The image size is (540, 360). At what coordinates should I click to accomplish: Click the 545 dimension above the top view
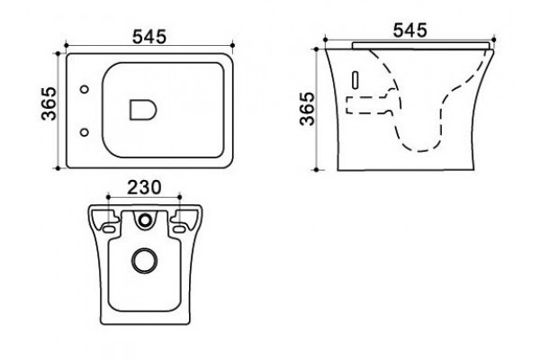tap(149, 37)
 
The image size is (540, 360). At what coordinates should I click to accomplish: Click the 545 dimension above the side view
tap(409, 31)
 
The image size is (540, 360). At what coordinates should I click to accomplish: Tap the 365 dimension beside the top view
tap(49, 103)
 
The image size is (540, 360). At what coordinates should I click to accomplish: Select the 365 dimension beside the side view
tap(307, 109)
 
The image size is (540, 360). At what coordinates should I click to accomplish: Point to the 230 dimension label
tap(144, 188)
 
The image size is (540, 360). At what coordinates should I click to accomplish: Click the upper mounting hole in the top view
tap(85, 90)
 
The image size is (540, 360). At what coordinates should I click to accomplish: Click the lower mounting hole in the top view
tap(84, 132)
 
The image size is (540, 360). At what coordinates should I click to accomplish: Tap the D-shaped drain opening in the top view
tap(143, 110)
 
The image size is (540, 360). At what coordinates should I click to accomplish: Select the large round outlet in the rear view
tap(145, 260)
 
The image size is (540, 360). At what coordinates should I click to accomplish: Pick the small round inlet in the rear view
tap(145, 220)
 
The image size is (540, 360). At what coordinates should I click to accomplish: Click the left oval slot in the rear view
tap(108, 229)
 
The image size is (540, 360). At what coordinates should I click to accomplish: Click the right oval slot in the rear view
tap(179, 229)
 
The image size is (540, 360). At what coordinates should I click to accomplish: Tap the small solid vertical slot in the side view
tap(355, 80)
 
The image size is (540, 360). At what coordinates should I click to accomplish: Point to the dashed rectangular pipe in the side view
tap(367, 105)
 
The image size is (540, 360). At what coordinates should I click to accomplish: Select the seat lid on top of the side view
tap(420, 46)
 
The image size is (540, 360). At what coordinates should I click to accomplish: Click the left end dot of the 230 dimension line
tap(108, 197)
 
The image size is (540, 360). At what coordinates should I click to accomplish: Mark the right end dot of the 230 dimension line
tap(179, 197)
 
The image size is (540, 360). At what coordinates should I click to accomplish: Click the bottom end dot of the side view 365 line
tap(317, 170)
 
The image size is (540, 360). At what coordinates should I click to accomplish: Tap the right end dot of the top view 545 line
tap(232, 45)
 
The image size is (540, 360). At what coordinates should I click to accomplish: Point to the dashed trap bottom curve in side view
tap(418, 147)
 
